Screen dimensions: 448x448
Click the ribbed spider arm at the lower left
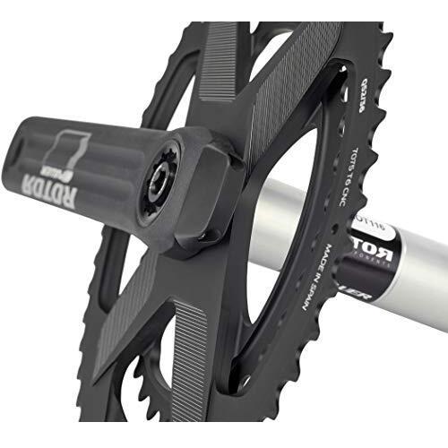[x=148, y=332]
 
